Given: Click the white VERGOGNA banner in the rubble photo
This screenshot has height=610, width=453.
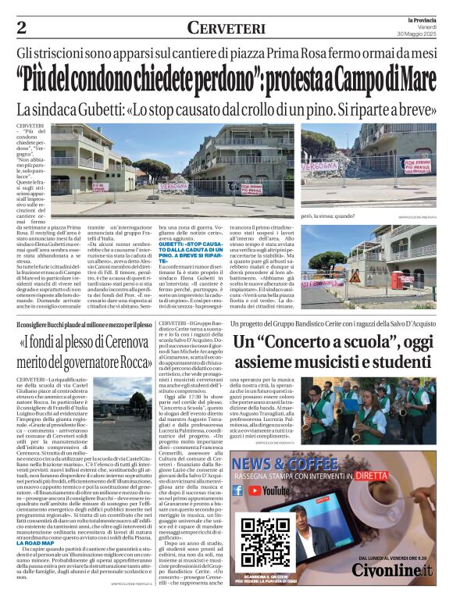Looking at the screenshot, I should [319, 166].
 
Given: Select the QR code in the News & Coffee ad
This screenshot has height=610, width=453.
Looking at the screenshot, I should [265, 540].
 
